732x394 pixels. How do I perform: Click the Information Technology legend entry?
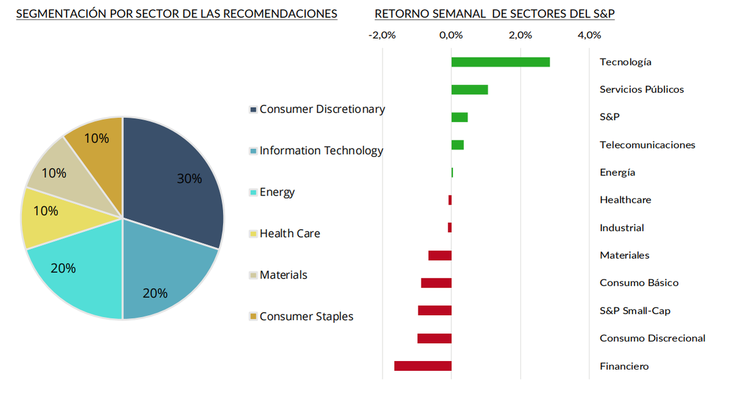click(321, 151)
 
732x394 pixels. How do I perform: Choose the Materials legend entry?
click(283, 275)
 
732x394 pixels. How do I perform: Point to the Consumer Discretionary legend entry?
click(322, 109)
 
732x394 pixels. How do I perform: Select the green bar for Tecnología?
click(500, 62)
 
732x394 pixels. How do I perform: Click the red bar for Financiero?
click(423, 366)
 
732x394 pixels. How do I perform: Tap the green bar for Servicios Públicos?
click(469, 90)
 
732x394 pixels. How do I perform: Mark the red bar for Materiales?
click(440, 255)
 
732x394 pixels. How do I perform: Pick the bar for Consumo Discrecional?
click(434, 338)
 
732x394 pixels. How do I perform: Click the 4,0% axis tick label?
click(589, 35)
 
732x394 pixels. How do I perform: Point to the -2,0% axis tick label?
click(382, 35)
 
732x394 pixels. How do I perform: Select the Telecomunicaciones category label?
click(647, 145)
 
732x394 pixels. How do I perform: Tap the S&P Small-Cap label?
click(635, 311)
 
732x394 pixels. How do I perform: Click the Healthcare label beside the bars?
click(625, 200)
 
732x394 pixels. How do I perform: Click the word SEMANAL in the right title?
click(464, 13)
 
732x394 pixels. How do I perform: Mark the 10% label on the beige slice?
click(54, 173)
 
